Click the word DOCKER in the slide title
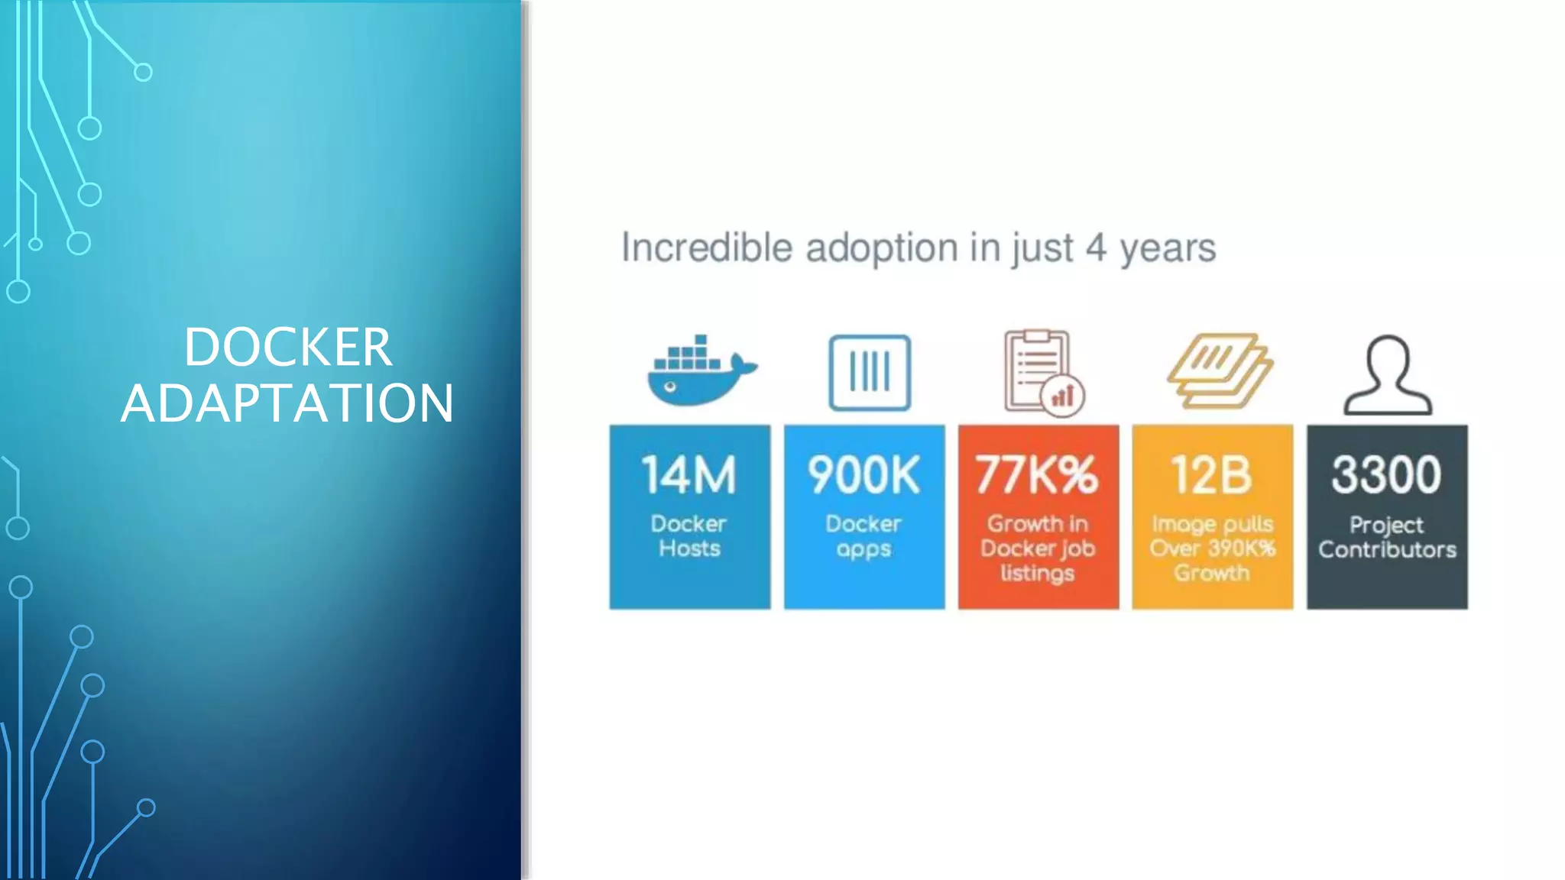pos(288,348)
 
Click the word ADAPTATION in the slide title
pos(287,403)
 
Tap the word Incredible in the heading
pos(707,247)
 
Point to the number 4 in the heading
pos(1096,247)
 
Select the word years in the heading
pos(1168,249)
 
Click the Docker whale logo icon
pos(699,372)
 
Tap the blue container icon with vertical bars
pos(870,373)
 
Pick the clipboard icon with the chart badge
pos(1042,373)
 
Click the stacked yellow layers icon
pos(1219,370)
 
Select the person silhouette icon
pos(1388,374)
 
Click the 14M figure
pos(689,474)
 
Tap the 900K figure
pos(864,474)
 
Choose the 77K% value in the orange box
pos(1037,474)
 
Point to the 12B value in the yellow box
pos(1212,474)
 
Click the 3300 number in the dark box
pos(1386,474)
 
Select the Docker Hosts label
pos(689,536)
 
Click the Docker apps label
pos(864,536)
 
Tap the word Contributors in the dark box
pos(1387,549)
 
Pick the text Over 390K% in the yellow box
pos(1212,548)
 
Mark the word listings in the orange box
pos(1037,573)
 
